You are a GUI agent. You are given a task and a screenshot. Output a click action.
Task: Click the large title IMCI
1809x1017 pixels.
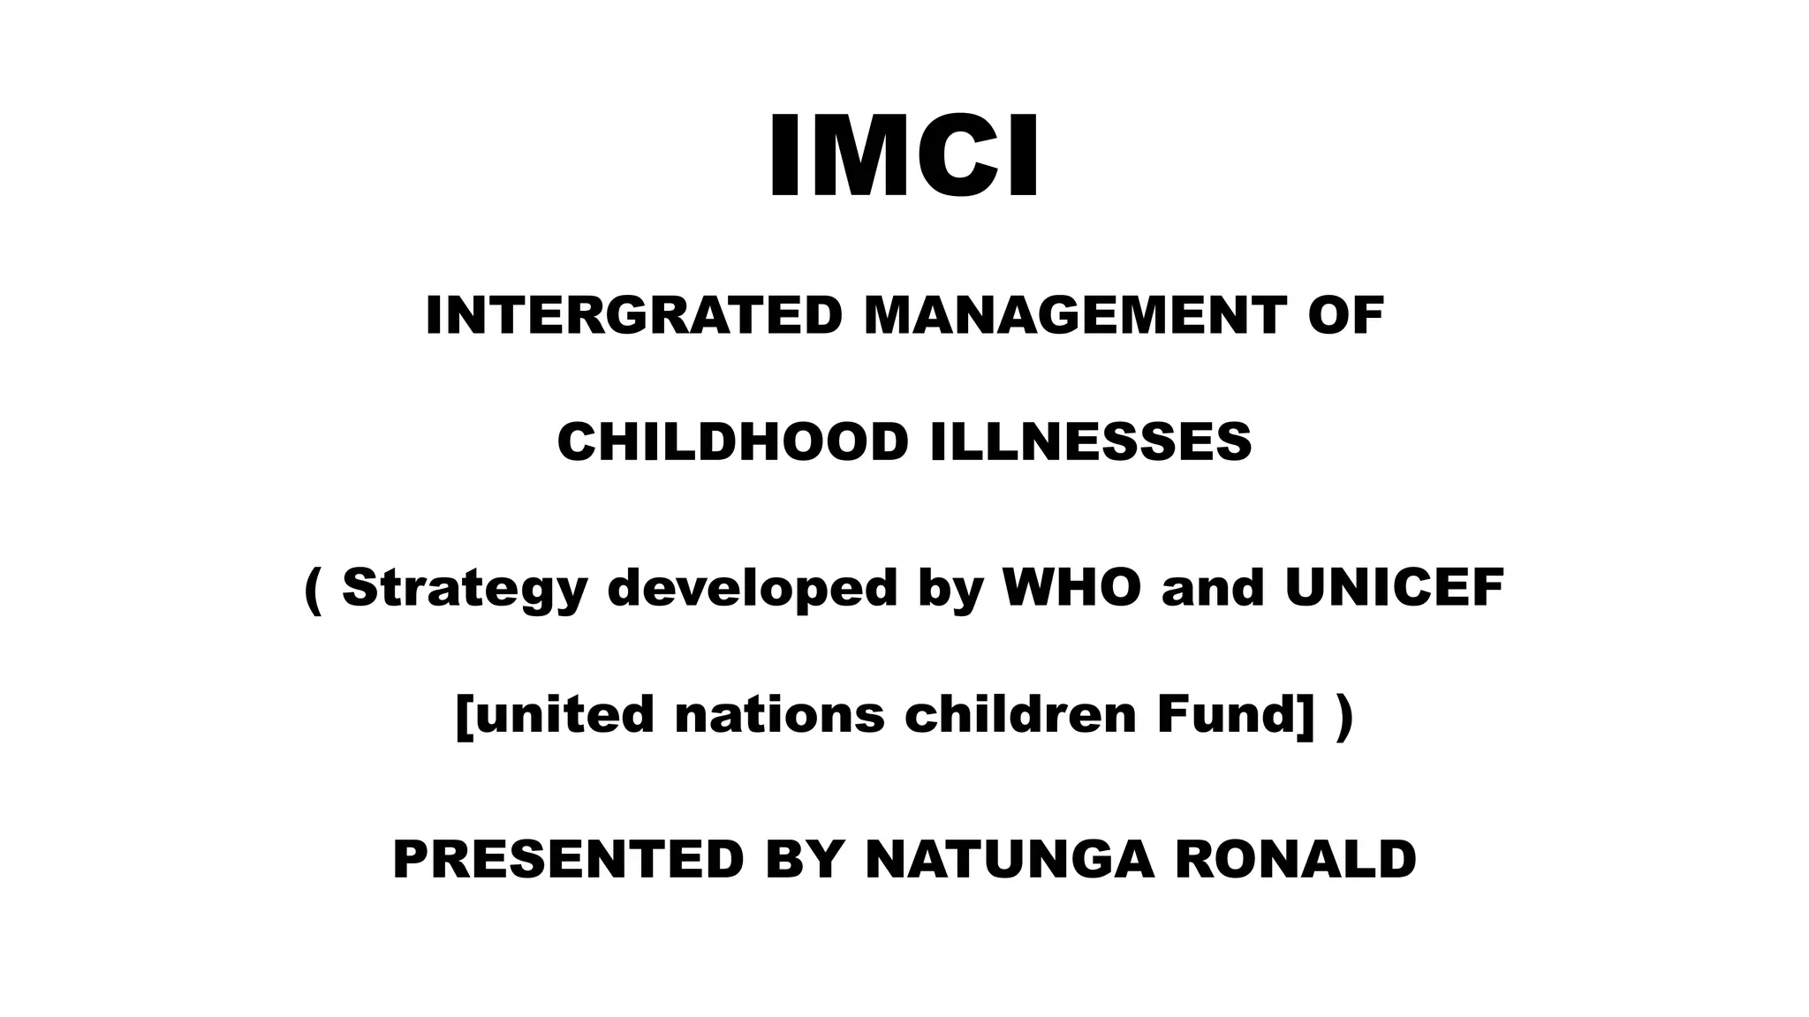tap(904, 158)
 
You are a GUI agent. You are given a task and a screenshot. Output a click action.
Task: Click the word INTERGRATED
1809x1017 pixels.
tap(633, 316)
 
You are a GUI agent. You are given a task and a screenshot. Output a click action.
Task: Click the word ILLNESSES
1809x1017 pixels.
tap(1091, 442)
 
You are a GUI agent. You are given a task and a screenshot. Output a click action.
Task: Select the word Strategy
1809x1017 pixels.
tap(465, 588)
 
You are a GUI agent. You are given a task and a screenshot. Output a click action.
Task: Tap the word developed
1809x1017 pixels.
tap(753, 588)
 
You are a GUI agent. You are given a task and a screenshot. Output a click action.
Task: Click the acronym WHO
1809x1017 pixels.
tap(1071, 588)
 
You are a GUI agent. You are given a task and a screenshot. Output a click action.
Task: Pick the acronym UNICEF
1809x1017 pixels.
tap(1394, 588)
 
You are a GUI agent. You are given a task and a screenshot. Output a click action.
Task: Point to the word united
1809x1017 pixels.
tap(556, 714)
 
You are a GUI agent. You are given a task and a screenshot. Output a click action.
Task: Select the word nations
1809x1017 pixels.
tap(779, 714)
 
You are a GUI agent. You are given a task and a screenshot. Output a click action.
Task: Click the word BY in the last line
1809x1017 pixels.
tap(804, 860)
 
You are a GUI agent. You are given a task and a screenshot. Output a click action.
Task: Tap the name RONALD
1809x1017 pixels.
tap(1295, 860)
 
